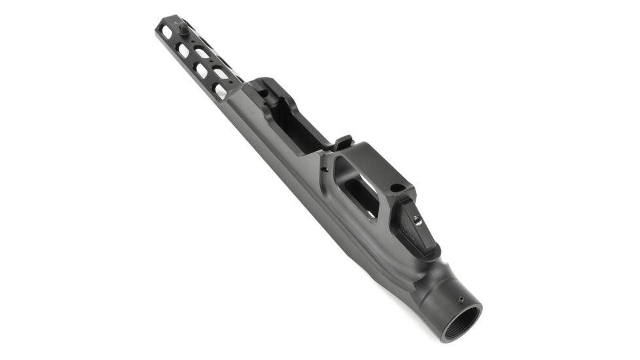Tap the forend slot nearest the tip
(x=167, y=32)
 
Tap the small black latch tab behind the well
(x=344, y=141)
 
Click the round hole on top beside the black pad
(x=395, y=188)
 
